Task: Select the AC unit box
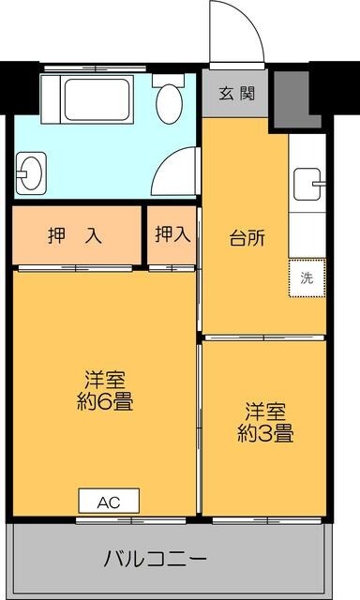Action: coord(109,502)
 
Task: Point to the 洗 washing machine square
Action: coord(307,277)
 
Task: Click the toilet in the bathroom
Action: coord(170,99)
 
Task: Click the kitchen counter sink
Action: coord(307,183)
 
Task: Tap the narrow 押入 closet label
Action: coord(172,234)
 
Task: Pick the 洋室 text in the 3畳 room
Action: coord(265,411)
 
